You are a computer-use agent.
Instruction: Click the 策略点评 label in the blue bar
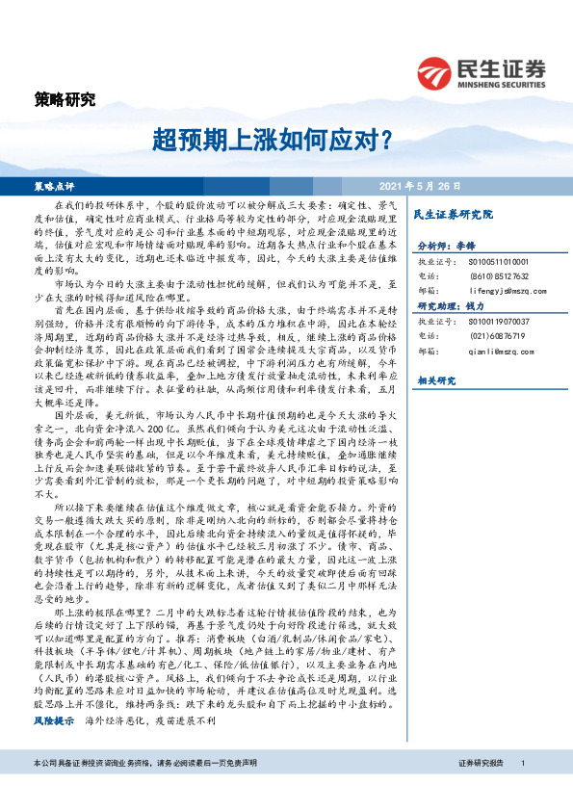coord(54,185)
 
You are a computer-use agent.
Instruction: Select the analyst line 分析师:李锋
coord(443,247)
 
